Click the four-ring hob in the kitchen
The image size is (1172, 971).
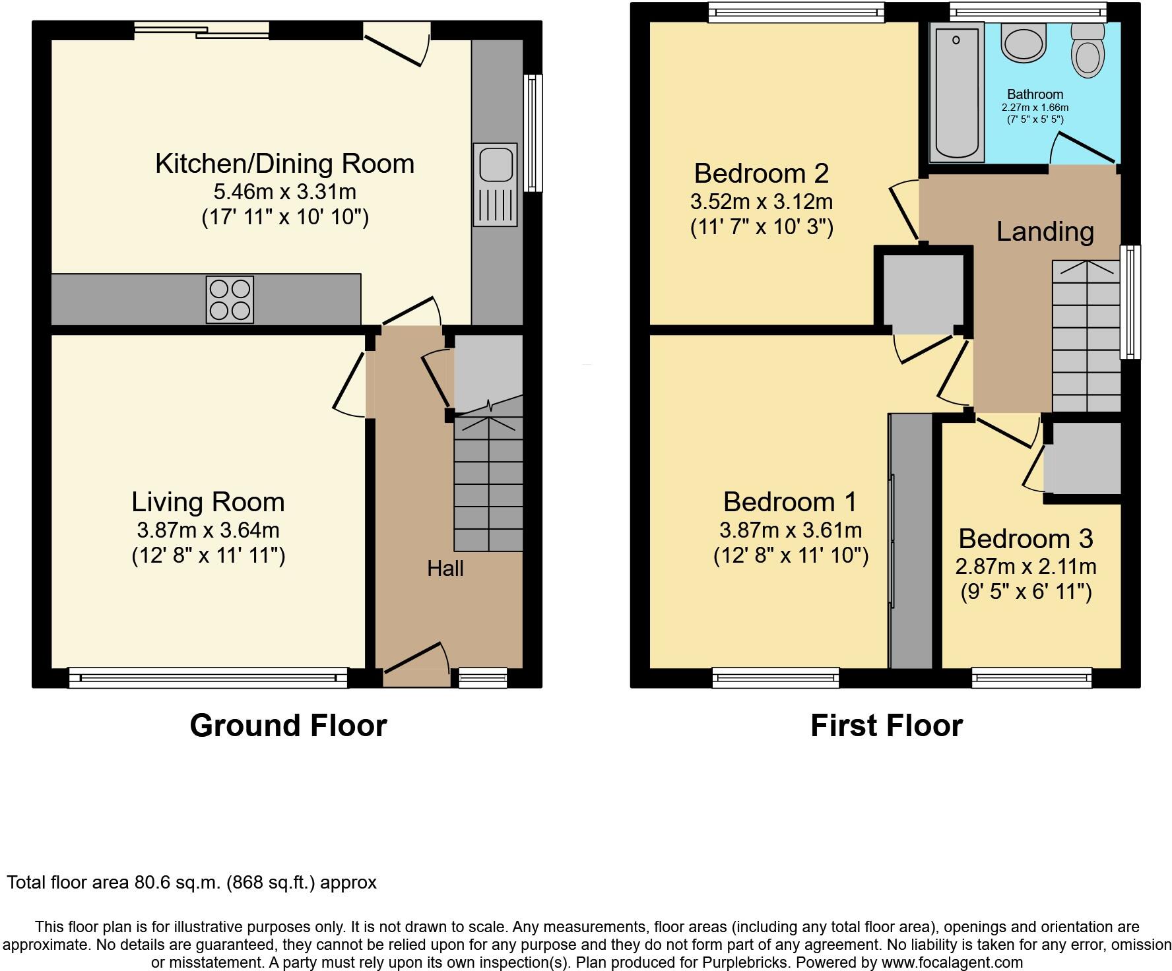pyautogui.click(x=230, y=300)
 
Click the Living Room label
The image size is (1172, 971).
pyautogui.click(x=208, y=502)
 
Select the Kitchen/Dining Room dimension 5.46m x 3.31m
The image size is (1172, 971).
pyautogui.click(x=284, y=192)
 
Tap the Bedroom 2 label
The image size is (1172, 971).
pyautogui.click(x=761, y=173)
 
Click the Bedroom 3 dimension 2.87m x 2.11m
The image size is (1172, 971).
pyautogui.click(x=1025, y=566)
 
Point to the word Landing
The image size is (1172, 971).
pyautogui.click(x=1045, y=232)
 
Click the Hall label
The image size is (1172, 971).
pyautogui.click(x=445, y=568)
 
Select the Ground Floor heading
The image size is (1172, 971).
pyautogui.click(x=288, y=726)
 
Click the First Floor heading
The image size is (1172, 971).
pyautogui.click(x=886, y=726)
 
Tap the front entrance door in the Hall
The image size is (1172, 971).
pyautogui.click(x=416, y=660)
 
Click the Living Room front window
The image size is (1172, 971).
pyautogui.click(x=208, y=677)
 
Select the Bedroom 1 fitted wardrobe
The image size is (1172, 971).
pyautogui.click(x=911, y=541)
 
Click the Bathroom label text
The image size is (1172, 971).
pyautogui.click(x=1035, y=94)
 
